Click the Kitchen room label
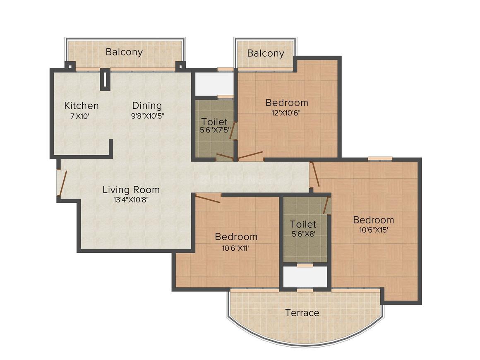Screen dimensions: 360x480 pyautogui.click(x=81, y=106)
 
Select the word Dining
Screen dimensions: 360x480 pyautogui.click(x=147, y=106)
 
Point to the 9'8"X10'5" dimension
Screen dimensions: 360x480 pyautogui.click(x=148, y=116)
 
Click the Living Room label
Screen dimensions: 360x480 pyautogui.click(x=131, y=190)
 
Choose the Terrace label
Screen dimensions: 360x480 pyautogui.click(x=302, y=313)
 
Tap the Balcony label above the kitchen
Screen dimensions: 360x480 pyautogui.click(x=124, y=52)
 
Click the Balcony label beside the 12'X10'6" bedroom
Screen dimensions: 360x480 pyautogui.click(x=266, y=53)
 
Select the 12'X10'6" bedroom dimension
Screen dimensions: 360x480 pyautogui.click(x=287, y=113)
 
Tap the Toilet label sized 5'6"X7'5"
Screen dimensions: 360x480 pyautogui.click(x=214, y=122)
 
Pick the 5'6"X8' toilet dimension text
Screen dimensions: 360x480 pyautogui.click(x=303, y=234)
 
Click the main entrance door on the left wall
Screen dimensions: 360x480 pyautogui.click(x=62, y=182)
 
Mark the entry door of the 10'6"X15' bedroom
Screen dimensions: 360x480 pyautogui.click(x=315, y=174)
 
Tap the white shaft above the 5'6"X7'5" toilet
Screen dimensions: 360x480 pyautogui.click(x=214, y=84)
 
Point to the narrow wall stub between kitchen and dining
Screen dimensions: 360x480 pyautogui.click(x=105, y=79)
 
